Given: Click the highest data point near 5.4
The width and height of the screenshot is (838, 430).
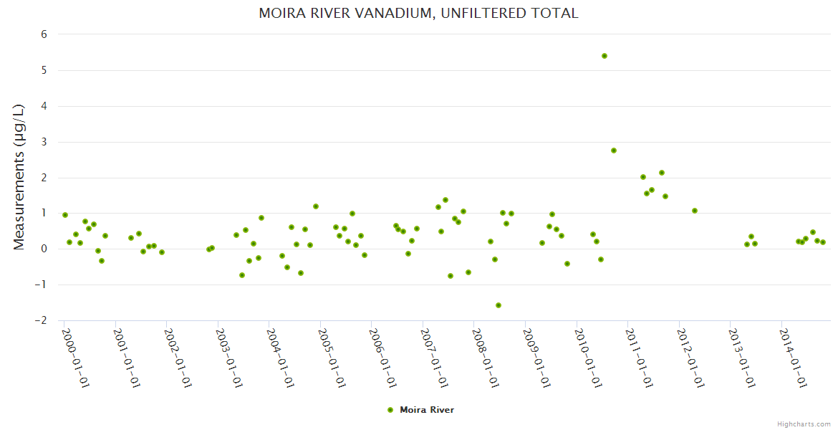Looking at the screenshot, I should [605, 56].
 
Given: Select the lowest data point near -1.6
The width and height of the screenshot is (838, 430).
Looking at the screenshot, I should [499, 305].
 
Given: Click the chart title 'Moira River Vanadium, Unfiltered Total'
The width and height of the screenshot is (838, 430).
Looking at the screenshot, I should [418, 14].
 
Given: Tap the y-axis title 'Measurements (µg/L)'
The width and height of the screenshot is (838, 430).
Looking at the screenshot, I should [19, 177].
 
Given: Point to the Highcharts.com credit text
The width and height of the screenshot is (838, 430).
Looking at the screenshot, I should [804, 424].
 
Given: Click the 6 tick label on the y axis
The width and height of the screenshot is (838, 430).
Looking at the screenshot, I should [44, 34].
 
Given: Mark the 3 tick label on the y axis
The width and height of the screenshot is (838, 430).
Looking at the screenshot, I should [44, 142].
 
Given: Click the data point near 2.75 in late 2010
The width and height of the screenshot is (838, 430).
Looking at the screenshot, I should [614, 150].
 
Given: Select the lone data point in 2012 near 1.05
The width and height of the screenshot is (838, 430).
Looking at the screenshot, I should [695, 211].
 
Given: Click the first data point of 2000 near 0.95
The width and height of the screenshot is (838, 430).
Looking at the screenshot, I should [65, 215].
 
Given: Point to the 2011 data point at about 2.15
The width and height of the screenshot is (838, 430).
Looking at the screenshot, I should [662, 173].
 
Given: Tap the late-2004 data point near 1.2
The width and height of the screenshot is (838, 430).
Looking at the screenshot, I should [316, 206].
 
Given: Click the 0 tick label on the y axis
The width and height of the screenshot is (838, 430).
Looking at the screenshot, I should [44, 249].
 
